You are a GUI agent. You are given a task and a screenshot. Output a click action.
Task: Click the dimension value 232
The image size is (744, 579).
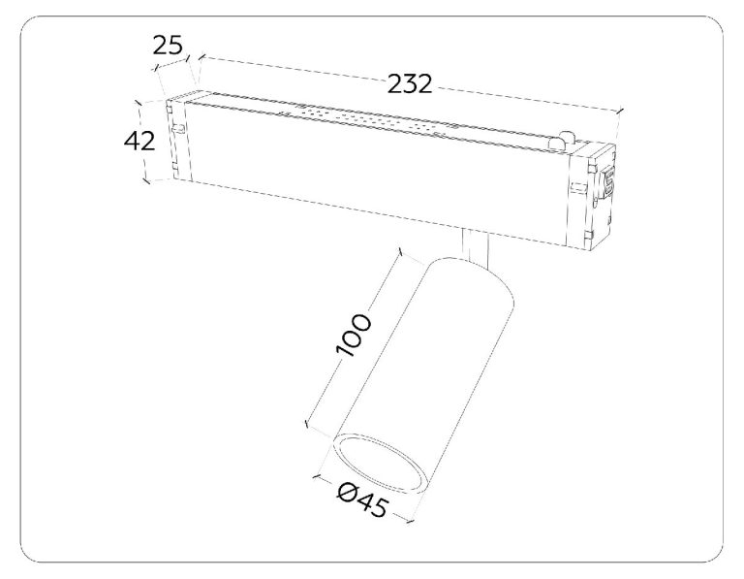pos(410,84)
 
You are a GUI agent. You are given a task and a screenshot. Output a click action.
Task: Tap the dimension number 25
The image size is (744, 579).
pos(168,46)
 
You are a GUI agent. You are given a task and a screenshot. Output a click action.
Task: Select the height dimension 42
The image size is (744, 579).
pos(139,141)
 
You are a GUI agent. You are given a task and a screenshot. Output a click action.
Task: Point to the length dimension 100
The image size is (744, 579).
pos(352,335)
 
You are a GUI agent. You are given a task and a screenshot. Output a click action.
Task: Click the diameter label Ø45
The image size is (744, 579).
pos(362,500)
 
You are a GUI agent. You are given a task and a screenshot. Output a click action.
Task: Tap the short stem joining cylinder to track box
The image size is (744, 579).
pos(476,244)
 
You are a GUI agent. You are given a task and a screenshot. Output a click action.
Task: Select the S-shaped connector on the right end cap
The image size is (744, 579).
pos(607,180)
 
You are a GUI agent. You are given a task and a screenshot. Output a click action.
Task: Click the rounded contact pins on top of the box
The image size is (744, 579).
pos(561,142)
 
